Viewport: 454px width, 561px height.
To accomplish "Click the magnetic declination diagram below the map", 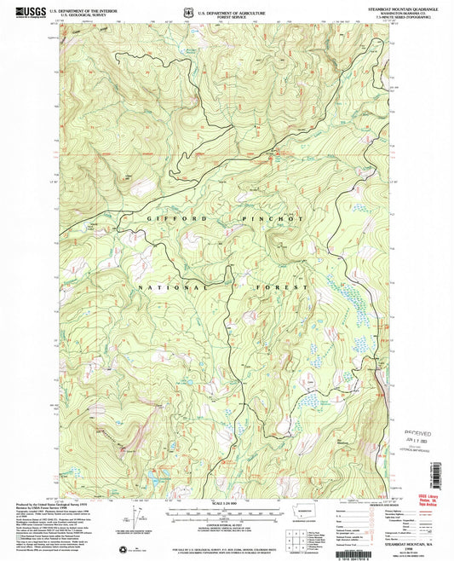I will [x=135, y=517].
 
